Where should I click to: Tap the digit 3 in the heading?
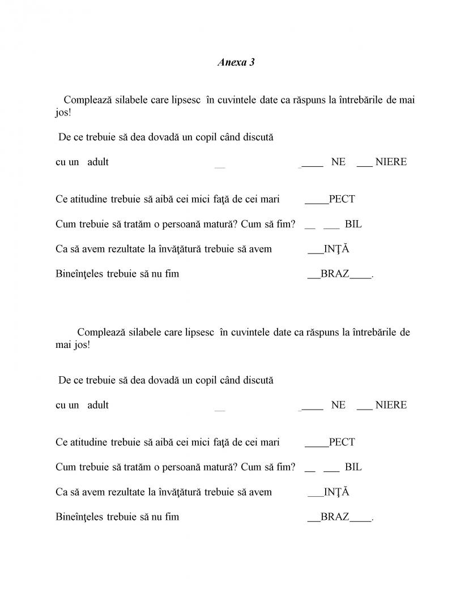pyautogui.click(x=252, y=62)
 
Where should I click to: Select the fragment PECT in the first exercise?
pyautogui.click(x=342, y=199)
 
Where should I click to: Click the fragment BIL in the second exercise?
pyautogui.click(x=353, y=467)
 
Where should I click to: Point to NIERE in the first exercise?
pyautogui.click(x=391, y=162)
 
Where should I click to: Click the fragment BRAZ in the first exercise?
pyautogui.click(x=335, y=274)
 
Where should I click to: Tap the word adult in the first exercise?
pyautogui.click(x=98, y=162)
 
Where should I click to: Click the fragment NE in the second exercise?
pyautogui.click(x=338, y=405)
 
